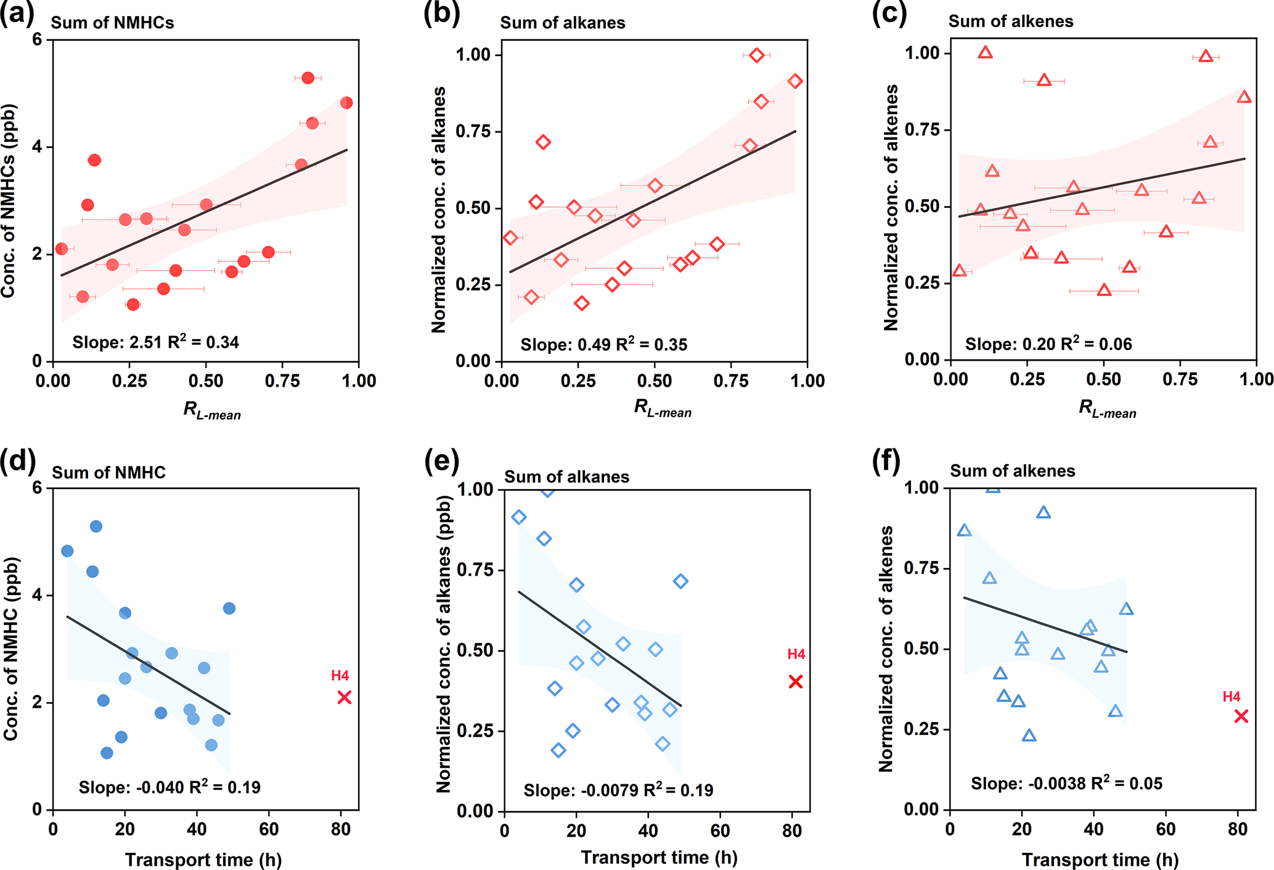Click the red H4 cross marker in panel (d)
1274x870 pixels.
(x=344, y=697)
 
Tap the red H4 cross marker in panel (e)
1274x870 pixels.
(x=796, y=681)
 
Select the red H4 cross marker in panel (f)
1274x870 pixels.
(x=1241, y=716)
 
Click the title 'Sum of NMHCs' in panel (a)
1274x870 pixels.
(x=112, y=23)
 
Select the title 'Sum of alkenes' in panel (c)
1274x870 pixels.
(x=1011, y=22)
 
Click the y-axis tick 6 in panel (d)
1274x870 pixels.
(x=38, y=488)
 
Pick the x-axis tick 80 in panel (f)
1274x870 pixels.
(x=1238, y=829)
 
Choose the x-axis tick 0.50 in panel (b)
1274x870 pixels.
(x=655, y=381)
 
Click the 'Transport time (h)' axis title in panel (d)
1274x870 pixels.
(x=203, y=860)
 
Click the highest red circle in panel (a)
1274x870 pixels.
(x=308, y=78)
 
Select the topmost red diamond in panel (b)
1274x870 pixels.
(x=757, y=55)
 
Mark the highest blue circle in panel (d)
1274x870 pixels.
(x=96, y=526)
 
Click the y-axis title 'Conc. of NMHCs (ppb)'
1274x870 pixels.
(x=9, y=200)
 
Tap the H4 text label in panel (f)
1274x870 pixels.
(x=1231, y=697)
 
